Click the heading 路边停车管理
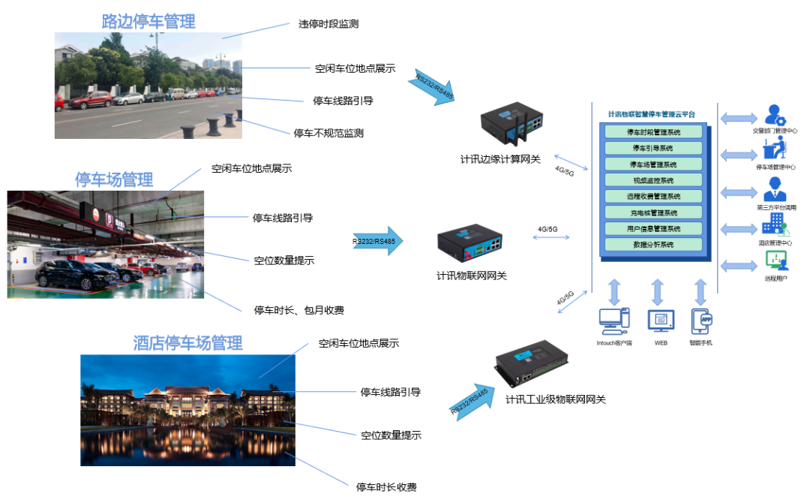(x=148, y=22)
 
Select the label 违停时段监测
(x=328, y=24)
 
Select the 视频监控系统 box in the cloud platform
(x=652, y=180)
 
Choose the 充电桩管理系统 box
(x=652, y=212)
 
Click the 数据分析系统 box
(x=652, y=245)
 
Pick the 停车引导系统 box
(x=652, y=148)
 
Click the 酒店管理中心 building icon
(x=772, y=224)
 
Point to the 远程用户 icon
(x=775, y=261)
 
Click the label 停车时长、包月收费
(x=299, y=309)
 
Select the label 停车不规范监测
(x=328, y=134)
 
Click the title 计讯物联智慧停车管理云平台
(x=652, y=114)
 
